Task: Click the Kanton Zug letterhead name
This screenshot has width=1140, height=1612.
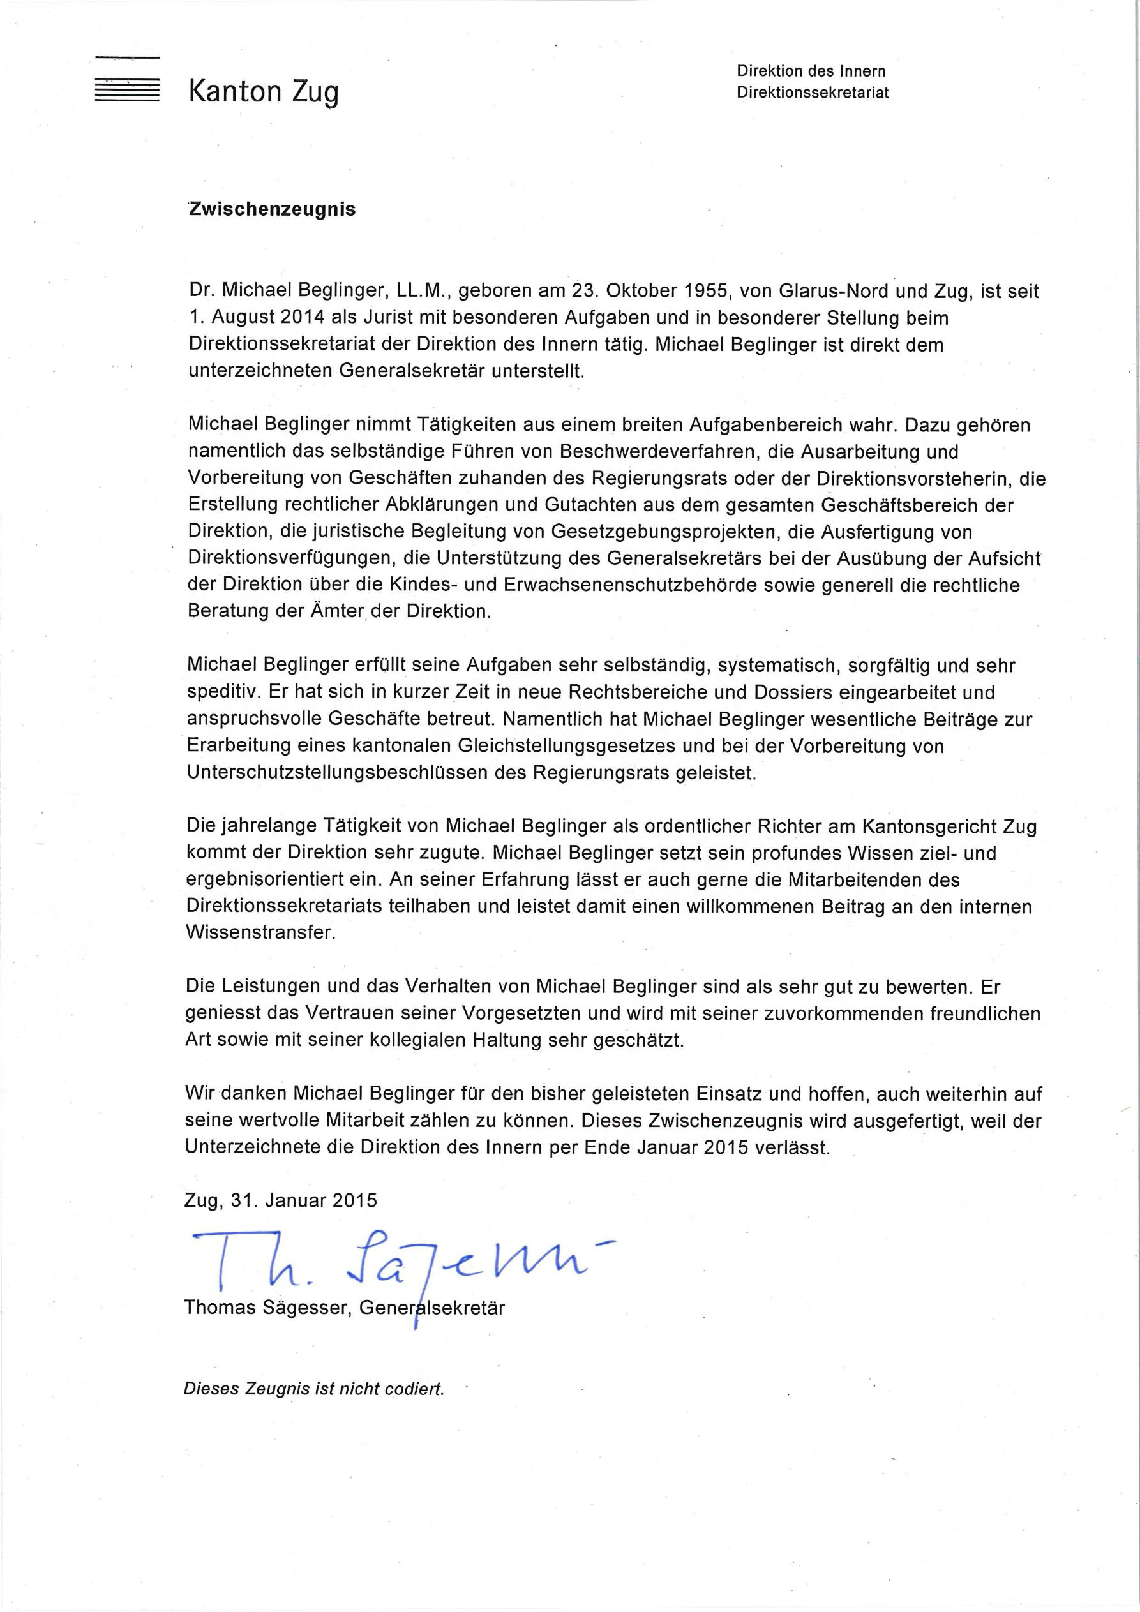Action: [x=264, y=92]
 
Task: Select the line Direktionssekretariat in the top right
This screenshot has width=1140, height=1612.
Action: [x=813, y=93]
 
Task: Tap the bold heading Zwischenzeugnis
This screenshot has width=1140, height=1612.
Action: [x=272, y=209]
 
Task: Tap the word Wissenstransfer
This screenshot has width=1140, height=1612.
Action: [x=260, y=933]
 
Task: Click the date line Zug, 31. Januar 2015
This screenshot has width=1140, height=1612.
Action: [x=281, y=1200]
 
